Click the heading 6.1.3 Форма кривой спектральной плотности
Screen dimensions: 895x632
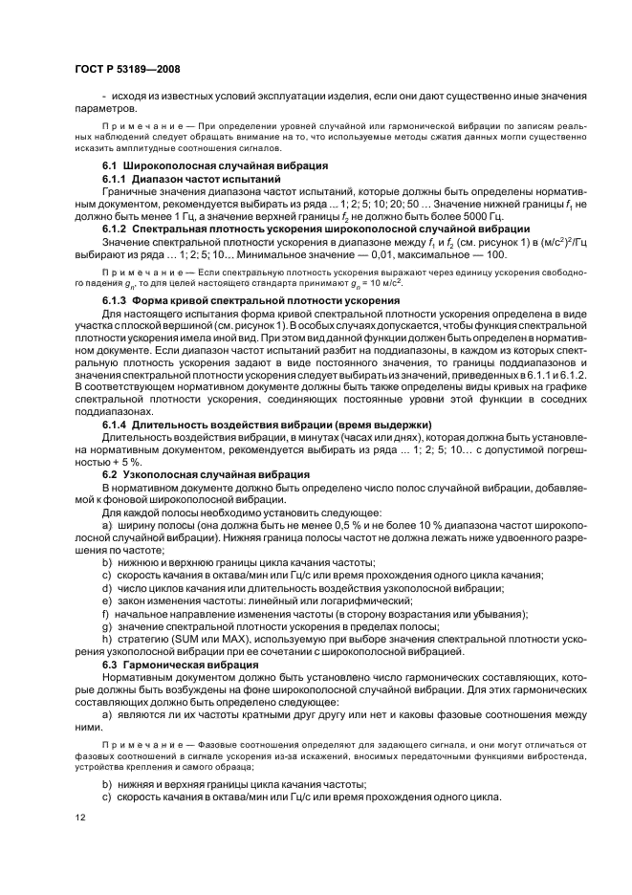(x=251, y=299)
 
